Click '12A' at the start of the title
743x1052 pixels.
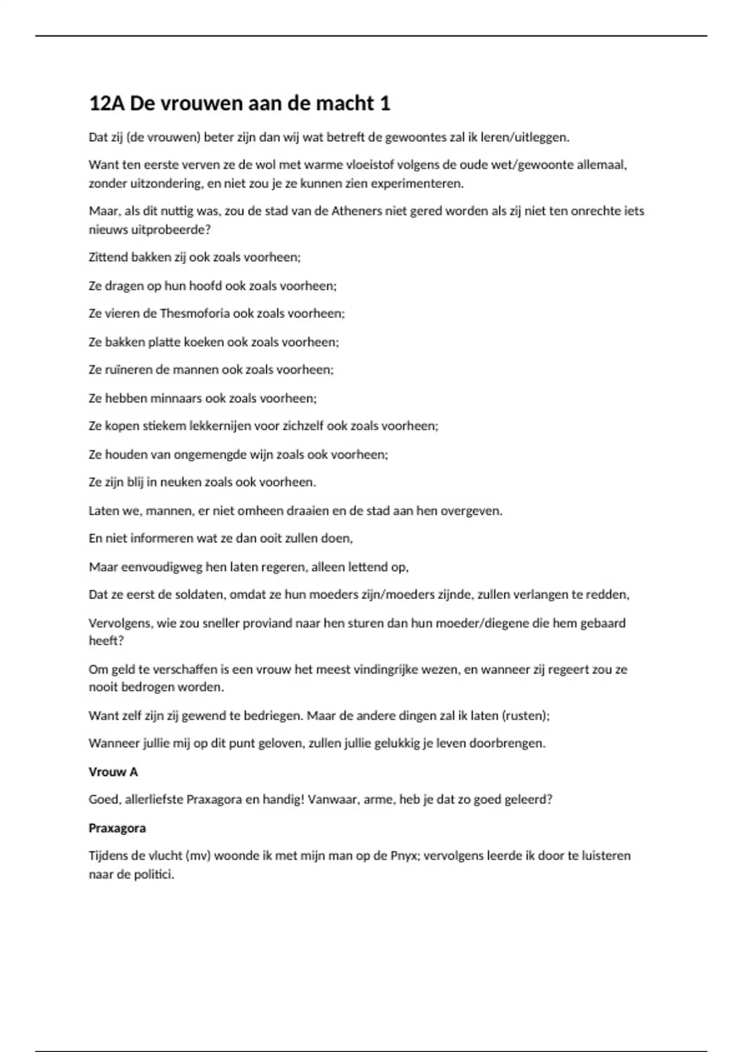[x=106, y=103]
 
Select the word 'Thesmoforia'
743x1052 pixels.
[x=194, y=314]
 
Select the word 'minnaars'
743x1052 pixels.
[x=176, y=399]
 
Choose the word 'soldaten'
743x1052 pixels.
[x=199, y=595]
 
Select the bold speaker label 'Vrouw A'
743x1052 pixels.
[x=113, y=772]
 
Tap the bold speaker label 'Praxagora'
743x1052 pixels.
[x=117, y=829]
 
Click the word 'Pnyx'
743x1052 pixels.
[x=404, y=856]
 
